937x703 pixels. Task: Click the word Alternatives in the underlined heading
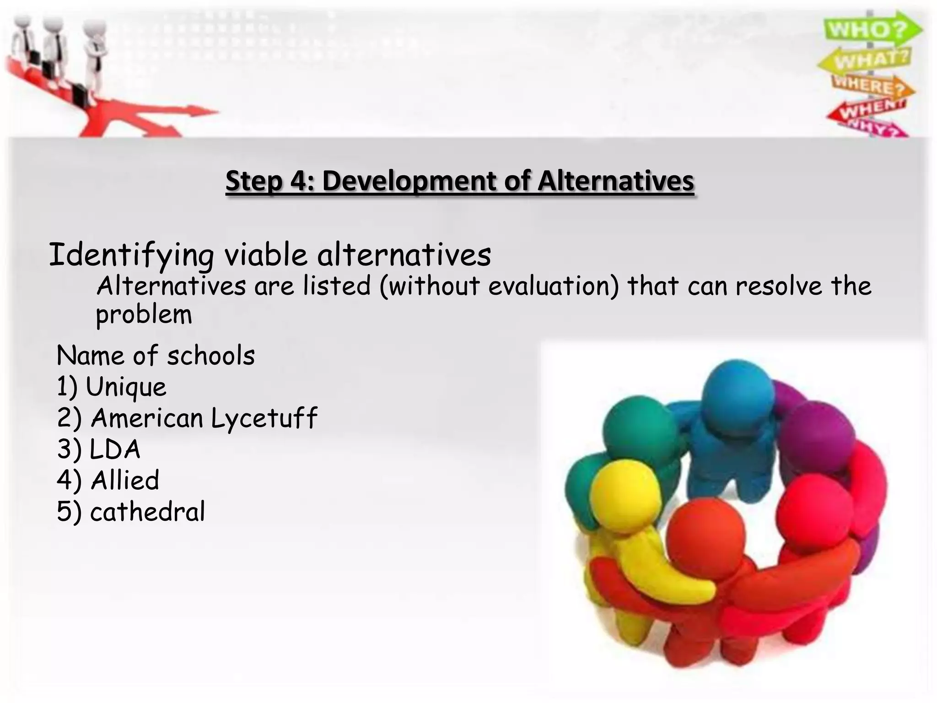pos(615,181)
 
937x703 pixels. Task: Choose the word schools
pos(210,356)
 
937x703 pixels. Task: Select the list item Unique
pos(126,387)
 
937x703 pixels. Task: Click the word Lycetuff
pos(264,418)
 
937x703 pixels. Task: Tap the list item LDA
pos(114,449)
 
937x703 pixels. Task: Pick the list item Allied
pos(124,480)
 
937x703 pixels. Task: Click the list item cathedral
pos(147,511)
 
